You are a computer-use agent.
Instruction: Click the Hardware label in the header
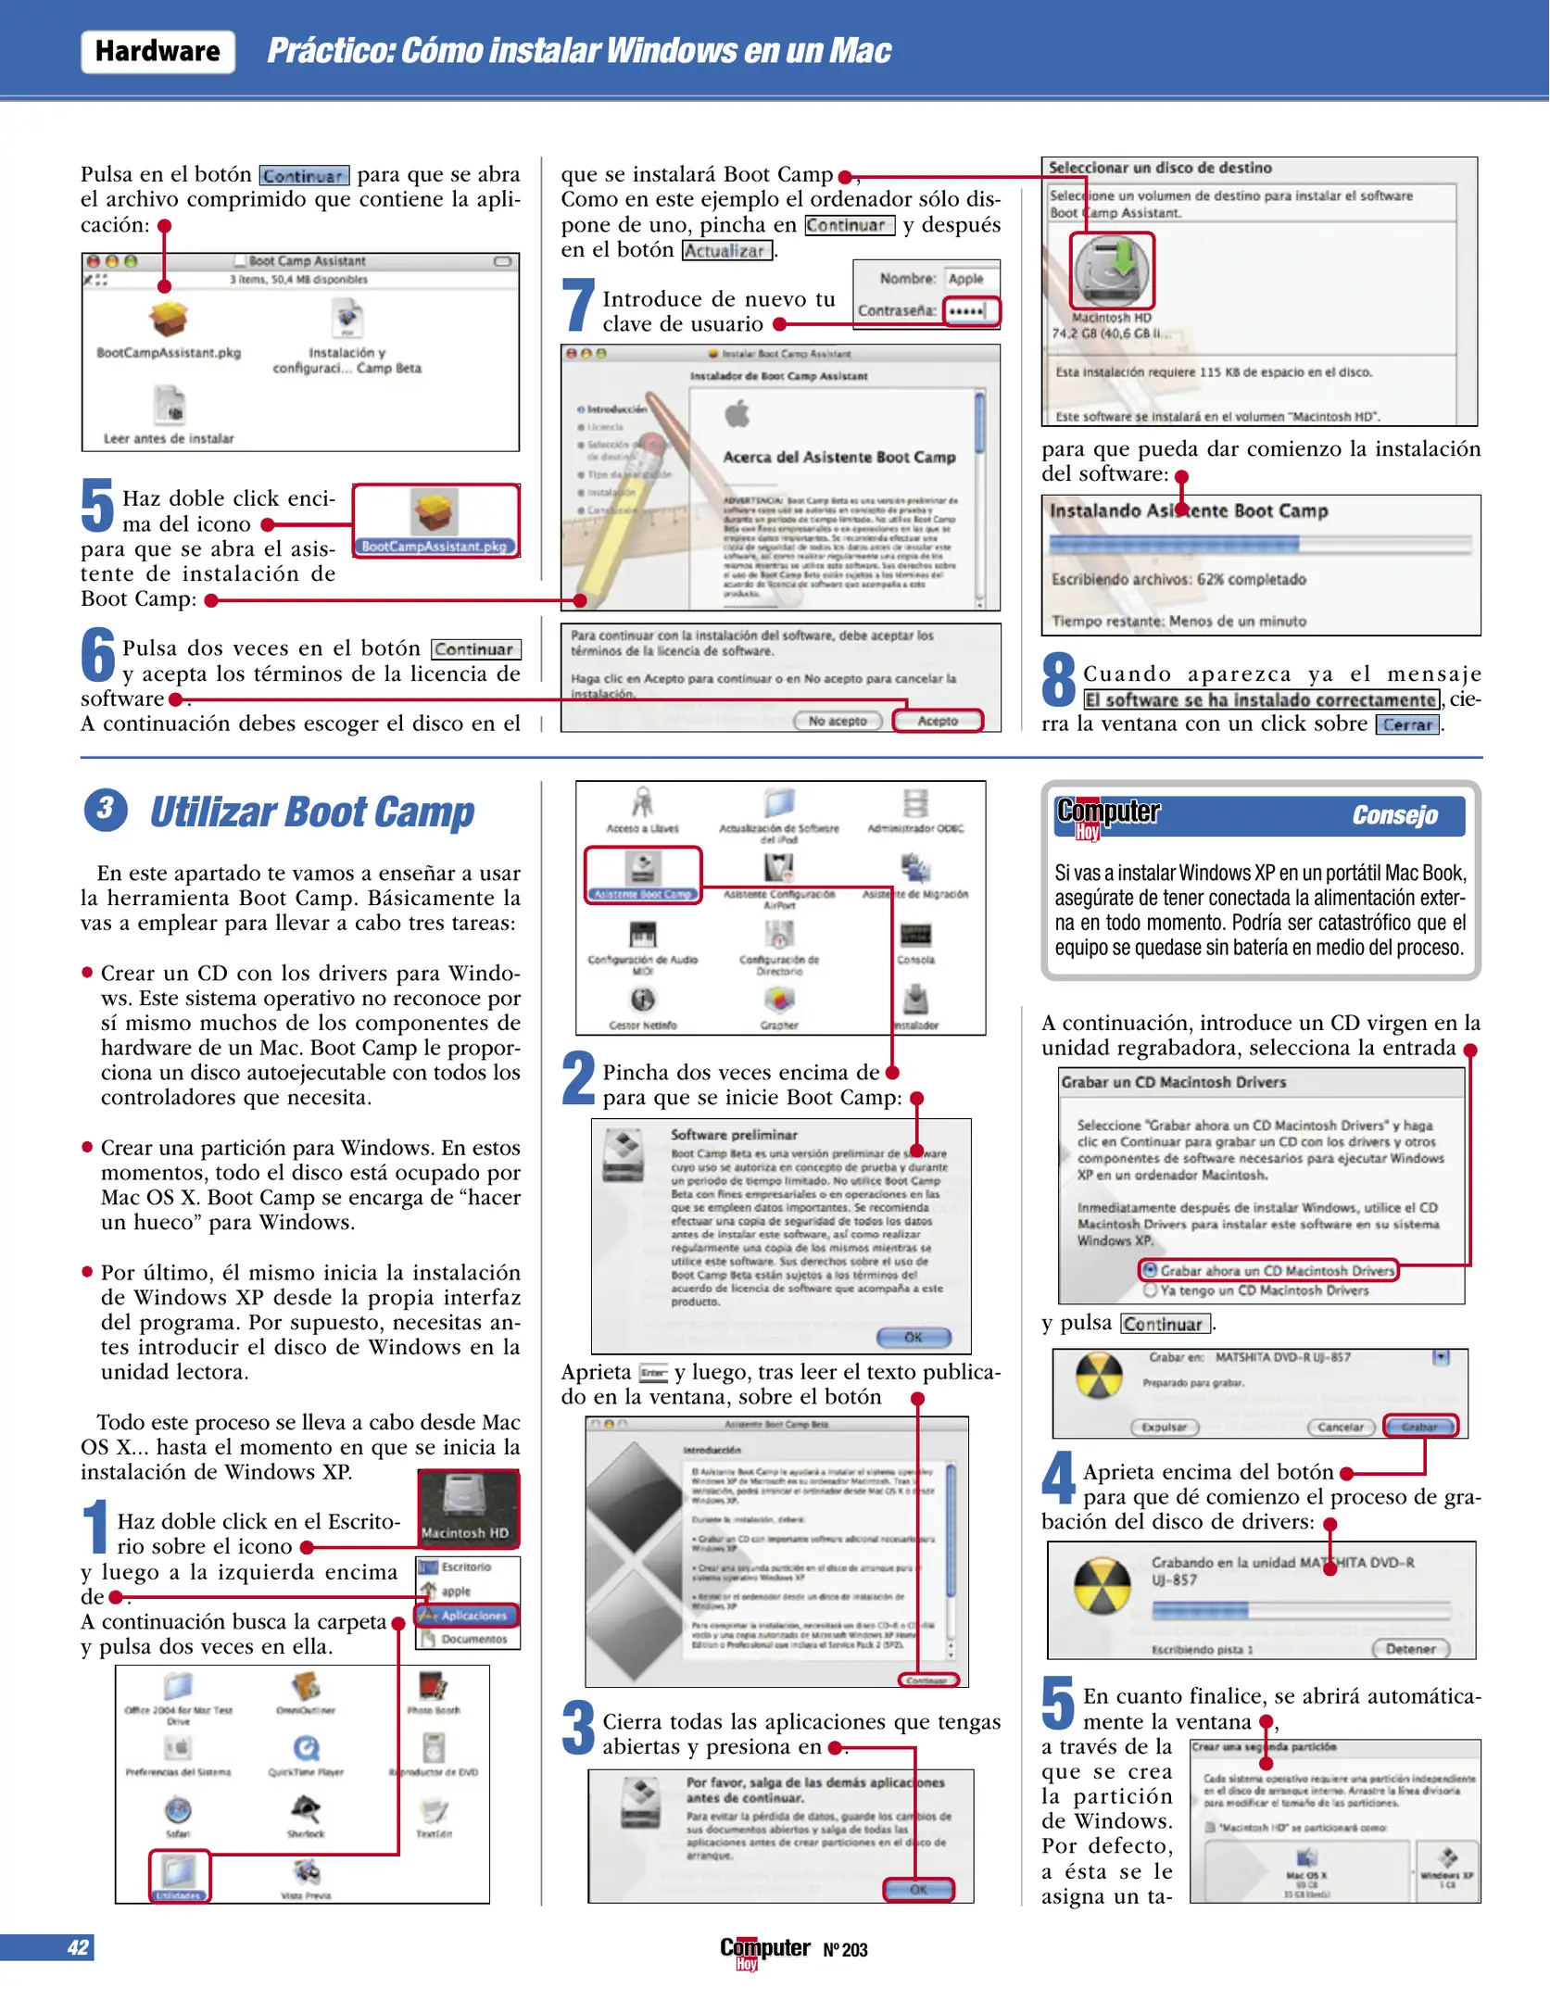tap(158, 51)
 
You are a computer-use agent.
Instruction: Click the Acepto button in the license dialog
tap(937, 721)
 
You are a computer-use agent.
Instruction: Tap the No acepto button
tap(837, 721)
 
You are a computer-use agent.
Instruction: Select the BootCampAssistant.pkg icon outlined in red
tap(435, 519)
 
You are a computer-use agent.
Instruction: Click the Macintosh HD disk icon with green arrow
tap(1111, 270)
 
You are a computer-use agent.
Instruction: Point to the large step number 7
tap(578, 305)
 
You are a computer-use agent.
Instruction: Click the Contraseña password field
tap(970, 311)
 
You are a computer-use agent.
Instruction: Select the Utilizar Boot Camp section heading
tap(312, 812)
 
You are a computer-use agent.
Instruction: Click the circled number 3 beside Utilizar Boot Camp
tap(106, 809)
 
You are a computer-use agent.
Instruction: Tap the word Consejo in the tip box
tap(1393, 815)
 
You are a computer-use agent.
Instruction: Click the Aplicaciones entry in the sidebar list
tap(469, 1616)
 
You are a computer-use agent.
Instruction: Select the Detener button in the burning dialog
tap(1410, 1649)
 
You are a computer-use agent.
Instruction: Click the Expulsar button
tap(1165, 1428)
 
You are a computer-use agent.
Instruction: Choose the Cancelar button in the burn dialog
tap(1340, 1428)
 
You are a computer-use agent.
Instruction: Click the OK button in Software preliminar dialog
tap(914, 1337)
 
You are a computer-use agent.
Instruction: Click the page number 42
tap(78, 1947)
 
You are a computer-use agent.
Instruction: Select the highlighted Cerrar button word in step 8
tap(1406, 725)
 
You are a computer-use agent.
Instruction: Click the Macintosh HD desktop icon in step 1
tap(466, 1508)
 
